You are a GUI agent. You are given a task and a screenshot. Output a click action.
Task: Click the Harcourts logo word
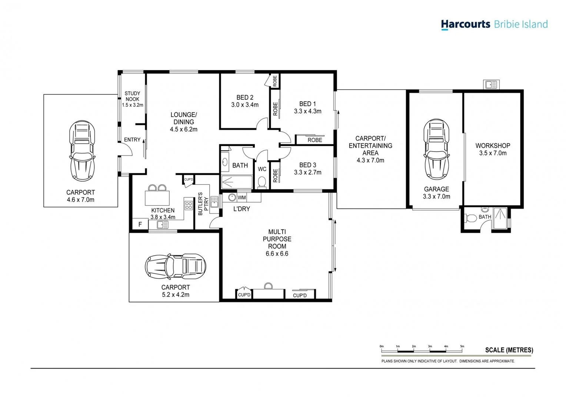(465, 24)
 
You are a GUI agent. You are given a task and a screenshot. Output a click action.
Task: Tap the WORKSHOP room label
(493, 146)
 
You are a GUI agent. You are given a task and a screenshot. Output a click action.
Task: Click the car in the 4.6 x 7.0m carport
(82, 151)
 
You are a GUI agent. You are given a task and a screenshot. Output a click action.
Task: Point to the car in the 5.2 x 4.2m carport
(175, 266)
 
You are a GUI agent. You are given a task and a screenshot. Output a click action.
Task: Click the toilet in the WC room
(262, 182)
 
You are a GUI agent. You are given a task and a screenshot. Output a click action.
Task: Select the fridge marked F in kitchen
(140, 224)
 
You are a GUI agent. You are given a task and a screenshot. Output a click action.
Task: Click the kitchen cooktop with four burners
(188, 205)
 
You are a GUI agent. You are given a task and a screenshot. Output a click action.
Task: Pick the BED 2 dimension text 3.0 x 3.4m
(245, 105)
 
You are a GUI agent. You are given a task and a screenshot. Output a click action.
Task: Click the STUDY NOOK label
(132, 96)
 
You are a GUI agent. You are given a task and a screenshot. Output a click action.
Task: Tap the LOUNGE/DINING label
(184, 118)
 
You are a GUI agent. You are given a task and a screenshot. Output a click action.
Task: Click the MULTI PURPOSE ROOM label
(277, 239)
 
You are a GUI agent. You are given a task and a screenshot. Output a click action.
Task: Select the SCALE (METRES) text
(509, 350)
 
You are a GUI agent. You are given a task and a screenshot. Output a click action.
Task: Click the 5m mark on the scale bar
(462, 347)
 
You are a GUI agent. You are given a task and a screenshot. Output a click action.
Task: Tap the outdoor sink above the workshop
(492, 84)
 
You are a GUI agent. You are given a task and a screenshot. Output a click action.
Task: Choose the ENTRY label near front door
(132, 140)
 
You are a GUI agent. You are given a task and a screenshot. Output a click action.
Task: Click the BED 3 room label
(307, 165)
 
